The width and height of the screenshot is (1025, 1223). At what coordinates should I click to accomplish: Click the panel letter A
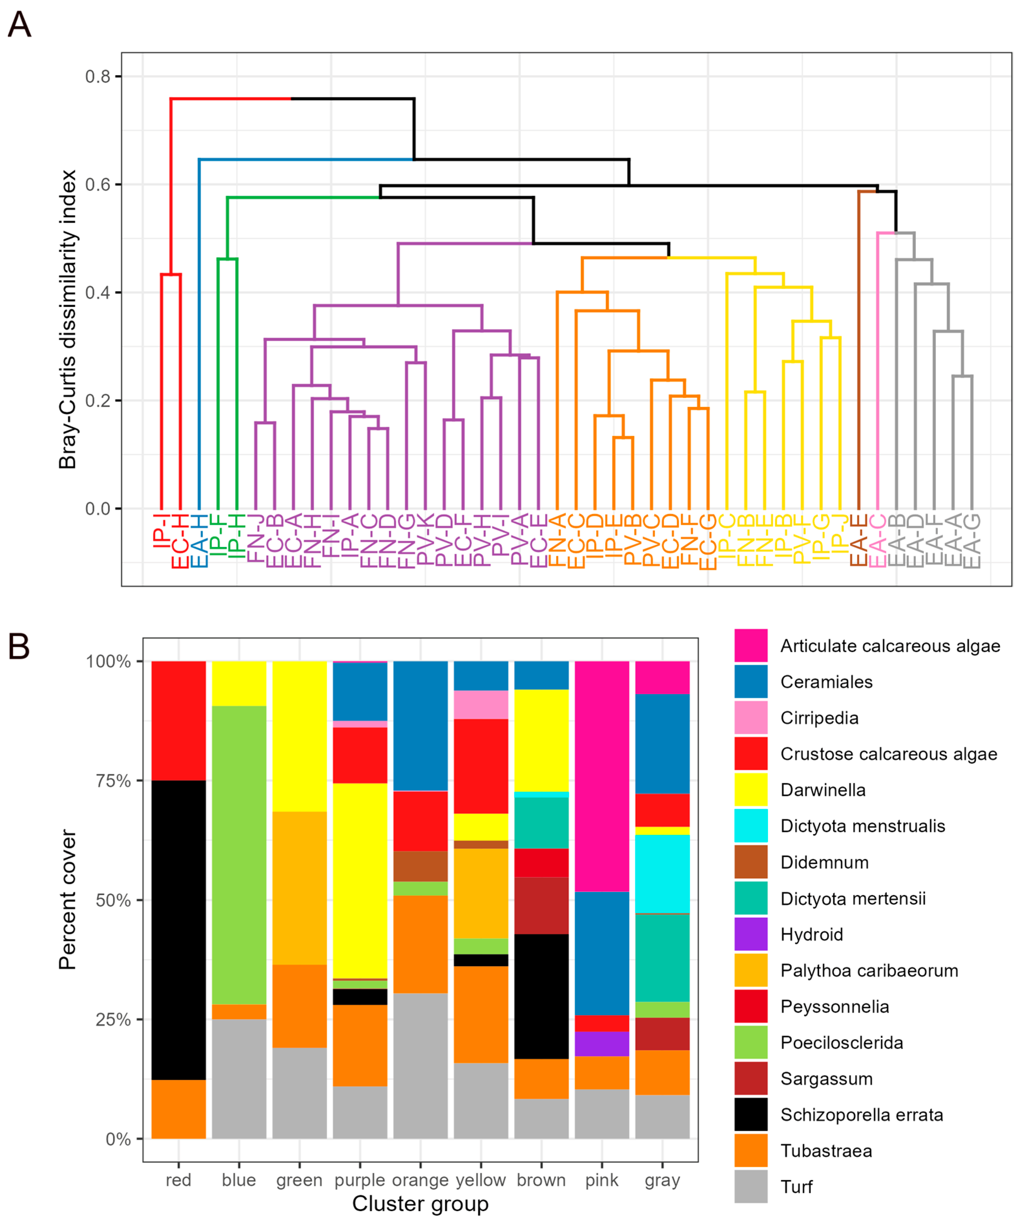coord(19,25)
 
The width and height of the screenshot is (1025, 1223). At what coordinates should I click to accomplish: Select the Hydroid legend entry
coord(811,935)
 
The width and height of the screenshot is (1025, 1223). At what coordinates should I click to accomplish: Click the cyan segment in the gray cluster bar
coord(662,874)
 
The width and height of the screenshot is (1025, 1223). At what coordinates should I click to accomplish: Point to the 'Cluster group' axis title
coord(420,1204)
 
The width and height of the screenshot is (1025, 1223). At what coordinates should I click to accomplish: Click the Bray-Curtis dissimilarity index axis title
coord(68,319)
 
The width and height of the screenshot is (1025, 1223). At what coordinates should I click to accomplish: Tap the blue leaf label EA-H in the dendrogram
coord(199,541)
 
